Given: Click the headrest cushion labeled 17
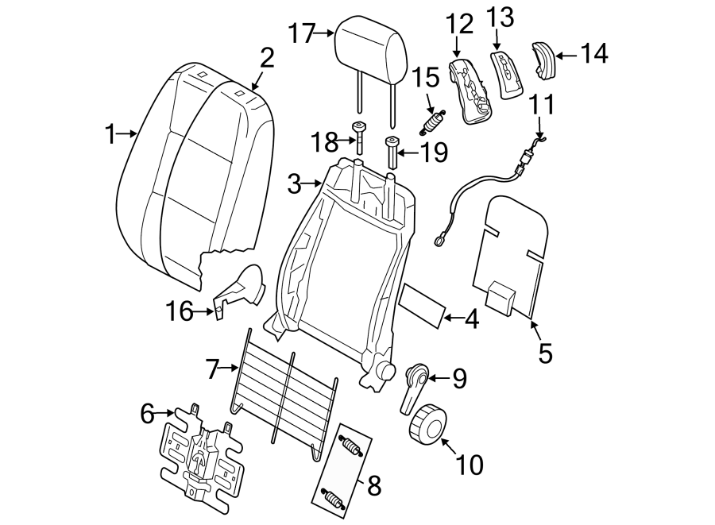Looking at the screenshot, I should pos(372,44).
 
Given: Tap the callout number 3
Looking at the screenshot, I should pos(295,185).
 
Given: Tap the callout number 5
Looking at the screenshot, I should pos(544,352).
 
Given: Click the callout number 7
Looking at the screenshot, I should pos(211,368).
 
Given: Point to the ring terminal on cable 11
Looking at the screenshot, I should pos(439,237).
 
